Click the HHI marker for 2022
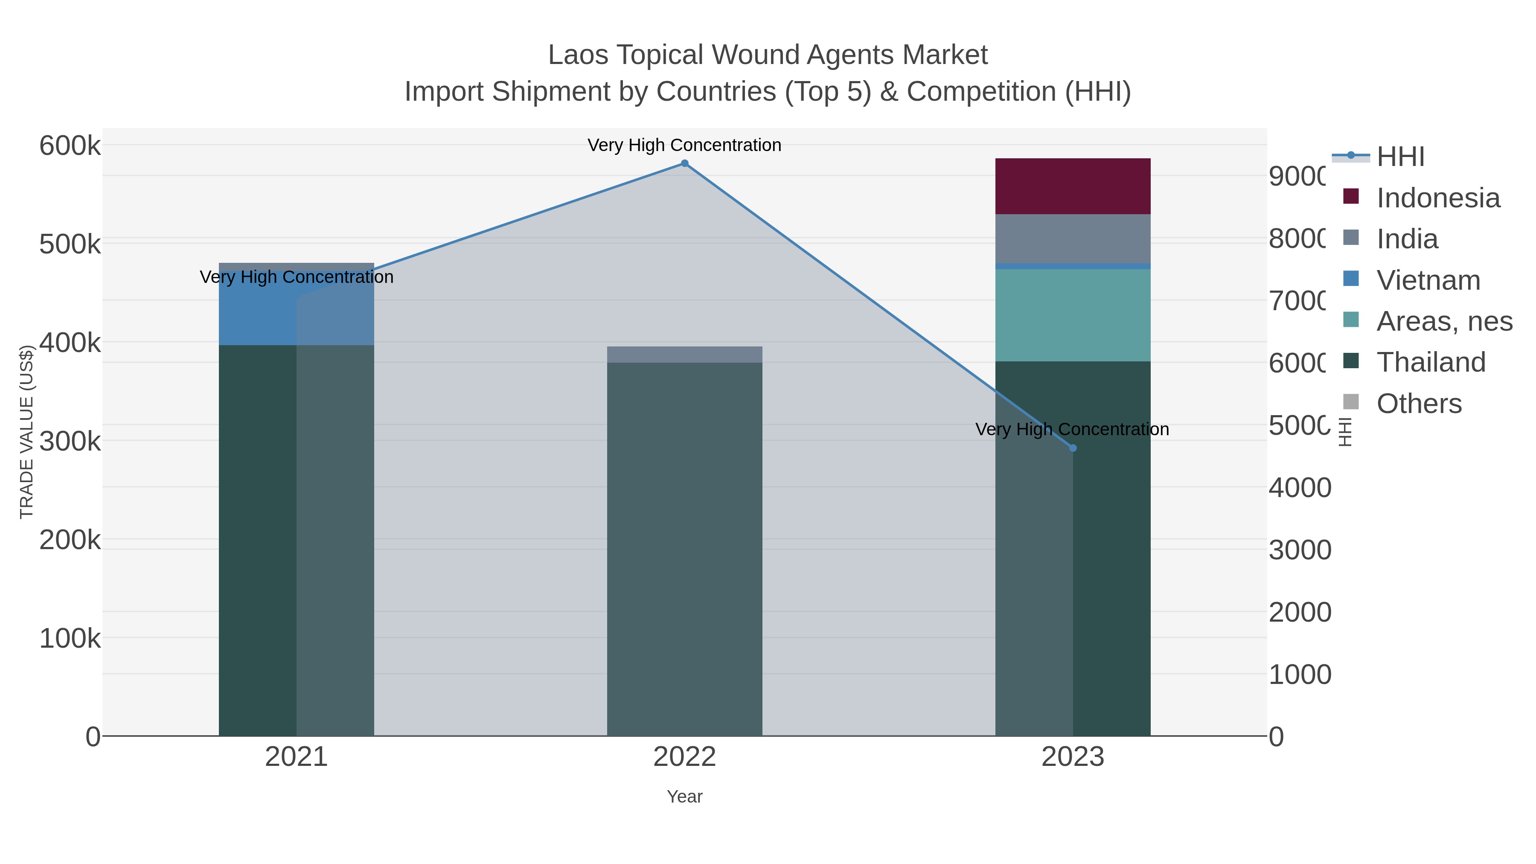(x=684, y=163)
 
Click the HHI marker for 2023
(x=1073, y=448)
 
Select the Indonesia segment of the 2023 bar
(x=1073, y=186)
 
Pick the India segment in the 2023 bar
(x=1073, y=239)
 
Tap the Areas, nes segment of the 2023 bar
(x=1073, y=315)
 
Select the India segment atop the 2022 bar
(x=684, y=354)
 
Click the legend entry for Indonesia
(x=1437, y=198)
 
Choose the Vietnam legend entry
(x=1428, y=280)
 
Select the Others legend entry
(x=1419, y=404)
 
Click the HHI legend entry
(x=1400, y=157)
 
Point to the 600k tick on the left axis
(x=70, y=146)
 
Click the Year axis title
(x=684, y=797)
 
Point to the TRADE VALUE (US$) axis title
(x=27, y=432)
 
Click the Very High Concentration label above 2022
(x=684, y=145)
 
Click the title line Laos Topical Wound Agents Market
(x=768, y=55)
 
